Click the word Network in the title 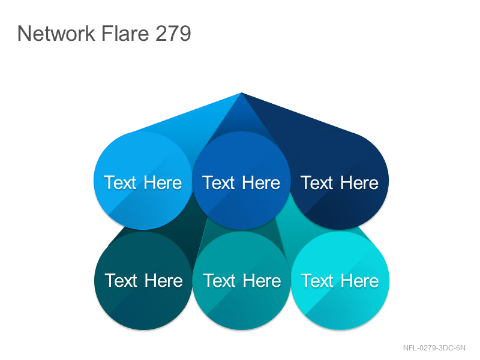pos(56,33)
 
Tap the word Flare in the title pos(125,33)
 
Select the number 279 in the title pos(173,33)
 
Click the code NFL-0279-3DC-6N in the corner pos(434,348)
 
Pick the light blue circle pos(143,181)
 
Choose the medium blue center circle pos(241,181)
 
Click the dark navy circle pos(340,181)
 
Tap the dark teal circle pos(143,281)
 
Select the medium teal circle pos(242,281)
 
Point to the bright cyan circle pos(340,281)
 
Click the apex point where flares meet pos(241,92)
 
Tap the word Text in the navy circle pos(317,183)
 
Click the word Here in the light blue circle pos(163,183)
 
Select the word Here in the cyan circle pos(359,281)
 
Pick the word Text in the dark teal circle pos(121,281)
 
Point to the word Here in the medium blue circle pos(261,183)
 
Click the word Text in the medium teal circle pos(219,281)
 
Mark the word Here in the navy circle pos(359,183)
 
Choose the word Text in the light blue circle pos(120,183)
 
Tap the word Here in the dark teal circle pos(163,281)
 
